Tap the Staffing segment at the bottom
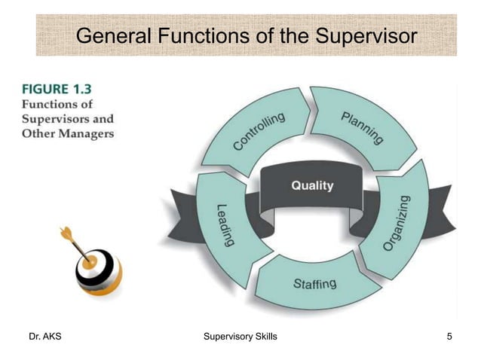314,285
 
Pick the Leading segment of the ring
224,224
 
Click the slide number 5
449,336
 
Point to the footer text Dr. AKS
44,336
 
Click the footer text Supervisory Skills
240,336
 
